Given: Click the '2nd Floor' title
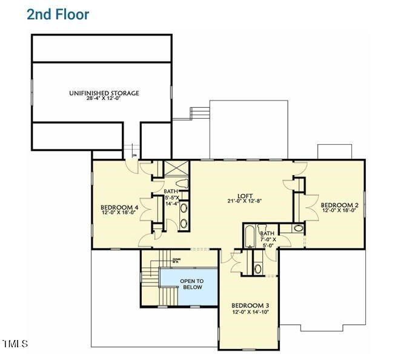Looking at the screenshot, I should (58, 15).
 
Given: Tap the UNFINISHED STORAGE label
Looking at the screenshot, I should (104, 93).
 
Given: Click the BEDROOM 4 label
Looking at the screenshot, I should (119, 207).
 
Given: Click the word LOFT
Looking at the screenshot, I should (244, 195).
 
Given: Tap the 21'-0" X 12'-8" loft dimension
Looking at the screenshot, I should (244, 201).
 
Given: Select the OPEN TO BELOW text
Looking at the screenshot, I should (191, 284).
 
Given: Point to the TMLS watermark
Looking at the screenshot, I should (15, 344).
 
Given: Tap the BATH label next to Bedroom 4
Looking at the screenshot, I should (171, 191).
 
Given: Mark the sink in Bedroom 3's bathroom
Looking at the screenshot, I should (257, 268).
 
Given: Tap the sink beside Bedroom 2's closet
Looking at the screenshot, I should (298, 228).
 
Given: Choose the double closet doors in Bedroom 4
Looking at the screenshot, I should (145, 209).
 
